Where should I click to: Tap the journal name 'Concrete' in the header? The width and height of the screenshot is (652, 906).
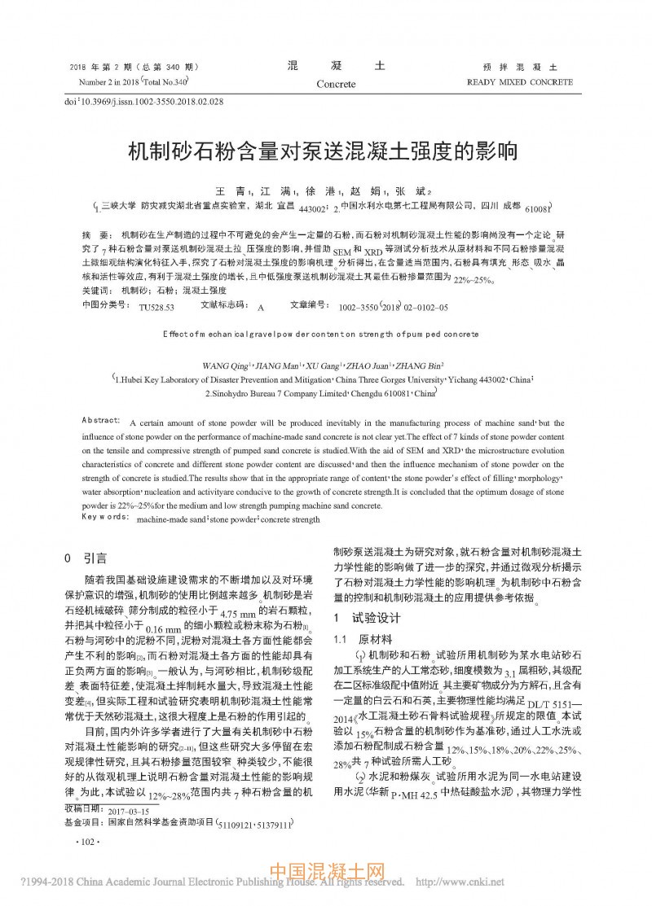[336, 84]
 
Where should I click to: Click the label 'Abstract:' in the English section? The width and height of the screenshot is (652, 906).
[102, 418]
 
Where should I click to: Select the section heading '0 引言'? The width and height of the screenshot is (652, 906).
[85, 558]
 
